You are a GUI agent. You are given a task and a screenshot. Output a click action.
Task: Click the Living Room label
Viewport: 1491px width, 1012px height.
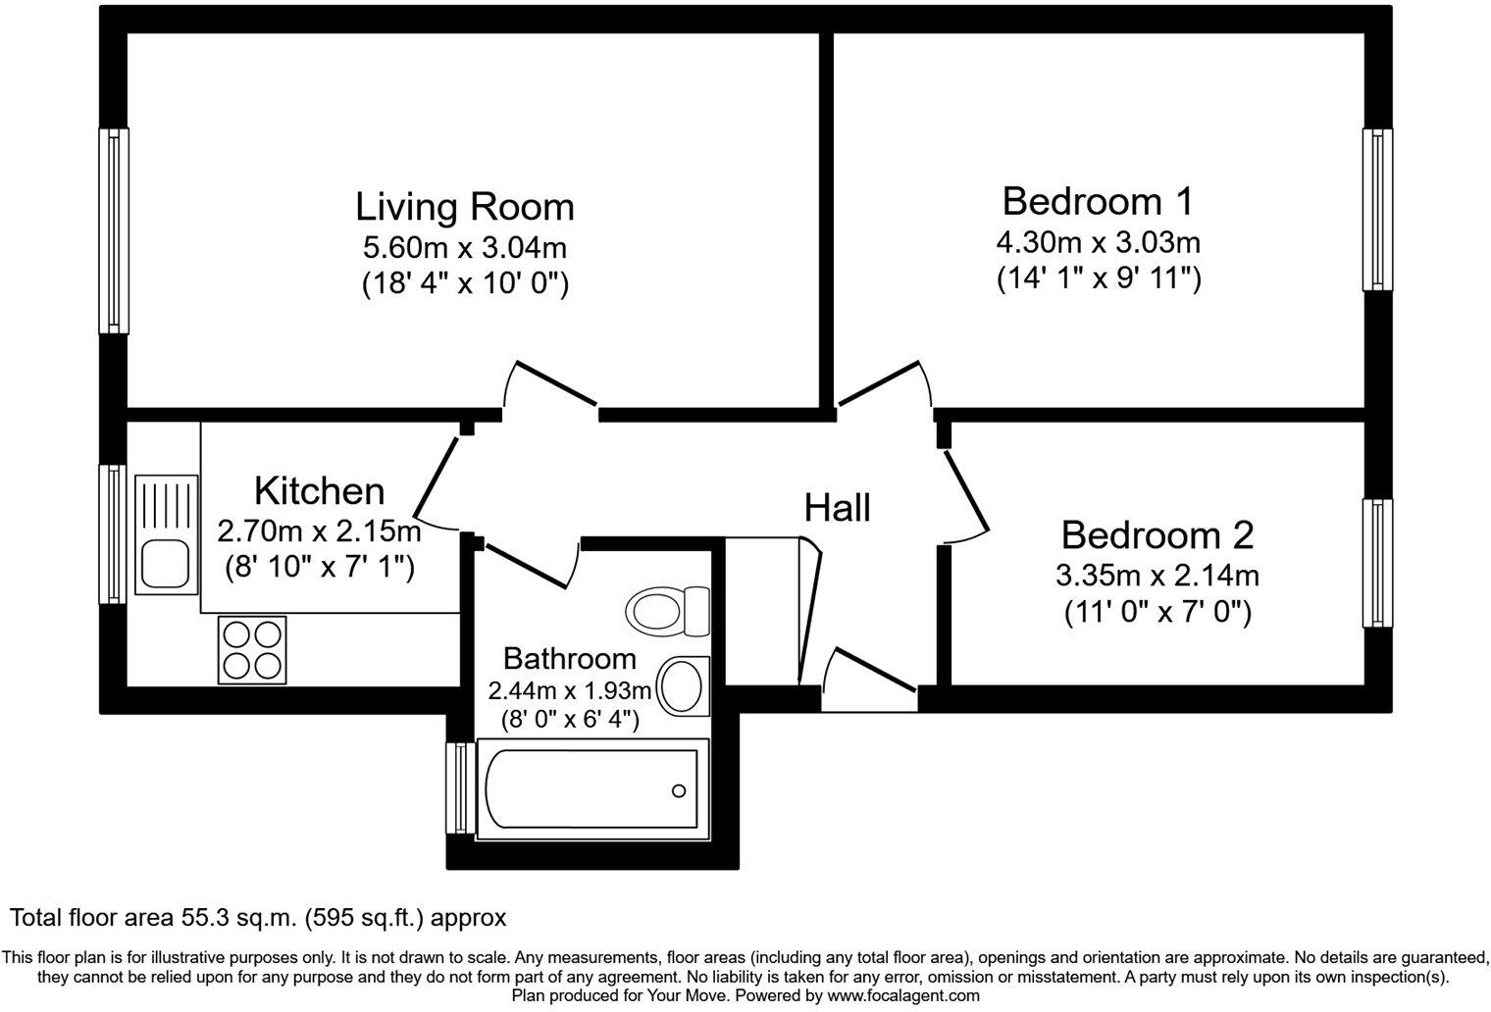point(464,207)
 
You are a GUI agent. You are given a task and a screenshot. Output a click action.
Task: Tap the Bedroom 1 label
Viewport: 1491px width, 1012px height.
point(1098,201)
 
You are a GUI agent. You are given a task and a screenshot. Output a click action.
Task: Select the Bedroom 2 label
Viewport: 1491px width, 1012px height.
point(1157,535)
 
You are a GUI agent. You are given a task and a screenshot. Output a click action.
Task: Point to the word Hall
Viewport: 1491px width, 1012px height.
point(837,508)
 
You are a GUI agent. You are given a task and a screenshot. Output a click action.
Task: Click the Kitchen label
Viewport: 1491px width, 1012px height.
point(319,490)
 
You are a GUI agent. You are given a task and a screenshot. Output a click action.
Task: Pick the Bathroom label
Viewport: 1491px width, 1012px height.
point(569,658)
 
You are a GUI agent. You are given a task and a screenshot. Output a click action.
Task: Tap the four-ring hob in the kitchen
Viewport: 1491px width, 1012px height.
point(253,650)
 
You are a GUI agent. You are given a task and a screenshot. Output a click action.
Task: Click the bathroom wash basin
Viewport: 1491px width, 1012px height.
point(683,685)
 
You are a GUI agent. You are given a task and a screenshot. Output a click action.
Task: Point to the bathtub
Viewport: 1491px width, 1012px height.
point(589,789)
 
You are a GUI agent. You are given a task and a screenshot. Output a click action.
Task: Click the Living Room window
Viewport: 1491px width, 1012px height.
point(114,231)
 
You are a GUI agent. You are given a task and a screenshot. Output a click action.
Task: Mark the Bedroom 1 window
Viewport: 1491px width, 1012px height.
point(1378,210)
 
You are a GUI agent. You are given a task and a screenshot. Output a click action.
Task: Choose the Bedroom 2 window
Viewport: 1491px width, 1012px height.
point(1378,563)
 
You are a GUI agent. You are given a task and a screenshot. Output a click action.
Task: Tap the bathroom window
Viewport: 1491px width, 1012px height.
point(459,788)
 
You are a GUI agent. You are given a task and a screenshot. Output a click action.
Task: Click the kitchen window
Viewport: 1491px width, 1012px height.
point(114,533)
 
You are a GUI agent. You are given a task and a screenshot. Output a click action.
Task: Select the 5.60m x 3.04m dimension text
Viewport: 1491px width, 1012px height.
point(464,246)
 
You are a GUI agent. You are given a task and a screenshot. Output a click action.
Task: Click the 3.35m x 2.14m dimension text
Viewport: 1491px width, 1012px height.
point(1157,575)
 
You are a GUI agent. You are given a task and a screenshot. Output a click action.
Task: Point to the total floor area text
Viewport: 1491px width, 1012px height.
point(258,918)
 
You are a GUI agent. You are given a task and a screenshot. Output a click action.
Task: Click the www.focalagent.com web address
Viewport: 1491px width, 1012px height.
point(902,995)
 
